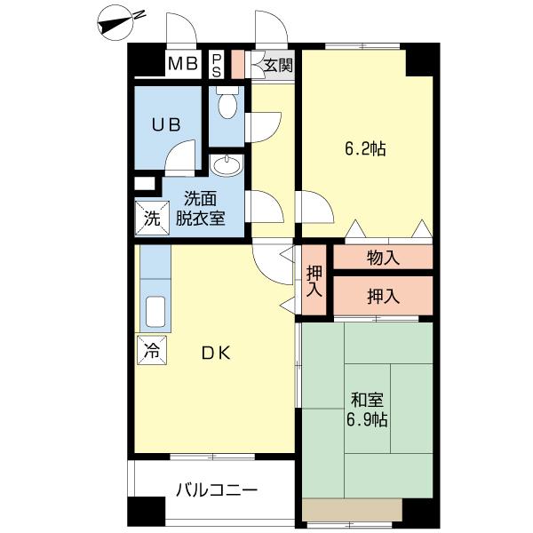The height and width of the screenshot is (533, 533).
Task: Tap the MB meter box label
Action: click(x=183, y=64)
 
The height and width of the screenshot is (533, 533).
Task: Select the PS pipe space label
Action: click(x=217, y=64)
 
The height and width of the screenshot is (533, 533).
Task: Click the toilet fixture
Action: click(x=227, y=105)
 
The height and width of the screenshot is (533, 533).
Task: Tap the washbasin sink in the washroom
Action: click(x=229, y=165)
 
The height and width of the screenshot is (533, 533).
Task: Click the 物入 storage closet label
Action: click(x=383, y=259)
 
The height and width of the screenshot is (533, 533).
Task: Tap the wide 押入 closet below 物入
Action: click(x=383, y=297)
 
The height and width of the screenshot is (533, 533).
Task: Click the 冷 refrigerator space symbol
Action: click(x=151, y=350)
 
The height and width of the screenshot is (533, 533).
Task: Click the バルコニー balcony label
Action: click(x=217, y=489)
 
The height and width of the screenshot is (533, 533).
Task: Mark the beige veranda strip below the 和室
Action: click(x=352, y=509)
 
